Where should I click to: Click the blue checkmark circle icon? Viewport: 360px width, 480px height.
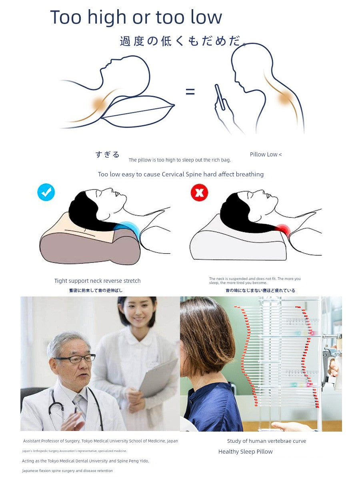tap(46, 192)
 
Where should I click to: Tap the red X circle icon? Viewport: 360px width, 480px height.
tap(199, 193)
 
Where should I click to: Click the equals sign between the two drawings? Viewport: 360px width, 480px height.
tap(190, 92)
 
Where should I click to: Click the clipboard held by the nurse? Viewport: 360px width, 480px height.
tap(158, 378)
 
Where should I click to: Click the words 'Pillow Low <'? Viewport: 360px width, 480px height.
tap(266, 154)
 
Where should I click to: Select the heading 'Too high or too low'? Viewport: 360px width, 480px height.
tap(136, 17)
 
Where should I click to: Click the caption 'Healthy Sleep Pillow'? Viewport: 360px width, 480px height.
tap(245, 452)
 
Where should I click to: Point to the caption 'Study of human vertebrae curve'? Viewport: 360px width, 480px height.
tap(266, 441)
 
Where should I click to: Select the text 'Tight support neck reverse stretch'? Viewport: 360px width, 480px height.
tap(97, 281)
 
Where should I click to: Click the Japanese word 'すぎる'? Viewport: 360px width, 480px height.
tap(108, 154)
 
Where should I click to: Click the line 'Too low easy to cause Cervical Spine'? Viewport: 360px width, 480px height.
tap(181, 174)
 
